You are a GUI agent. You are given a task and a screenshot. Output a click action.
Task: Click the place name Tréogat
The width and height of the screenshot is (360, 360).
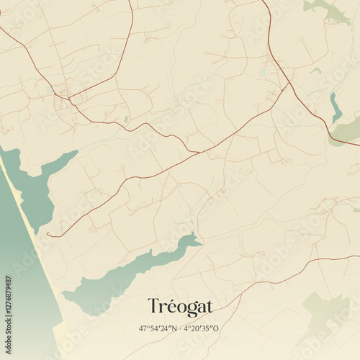180,307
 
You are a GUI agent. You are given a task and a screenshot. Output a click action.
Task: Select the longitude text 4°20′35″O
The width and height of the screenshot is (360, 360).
202,328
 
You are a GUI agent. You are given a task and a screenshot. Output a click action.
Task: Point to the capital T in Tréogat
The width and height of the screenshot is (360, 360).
153,307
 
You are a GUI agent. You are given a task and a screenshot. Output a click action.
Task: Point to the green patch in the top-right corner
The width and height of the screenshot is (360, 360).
328,9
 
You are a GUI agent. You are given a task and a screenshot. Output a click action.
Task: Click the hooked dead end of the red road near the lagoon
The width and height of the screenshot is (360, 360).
49,234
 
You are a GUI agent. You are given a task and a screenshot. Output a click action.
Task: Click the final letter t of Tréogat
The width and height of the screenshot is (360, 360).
209,307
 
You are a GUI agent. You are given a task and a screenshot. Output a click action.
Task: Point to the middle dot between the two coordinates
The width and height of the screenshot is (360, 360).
181,328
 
